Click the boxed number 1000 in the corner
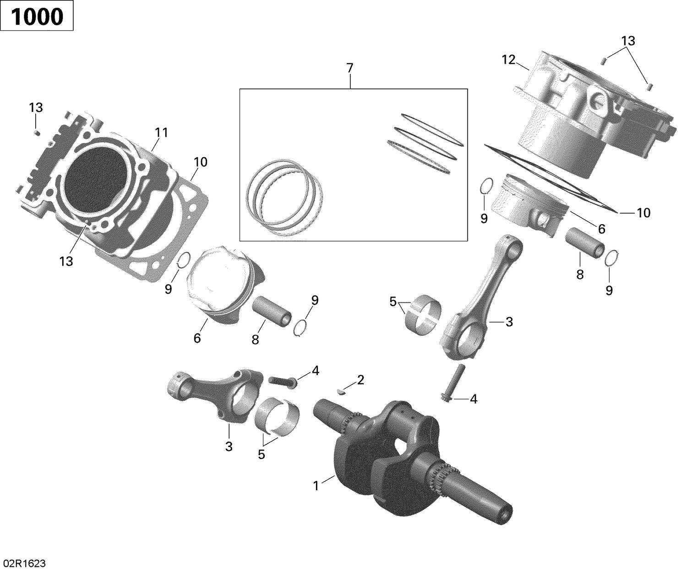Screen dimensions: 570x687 click(x=37, y=17)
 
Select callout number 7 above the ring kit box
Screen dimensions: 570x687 click(x=350, y=68)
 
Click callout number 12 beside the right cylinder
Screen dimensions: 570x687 click(x=509, y=59)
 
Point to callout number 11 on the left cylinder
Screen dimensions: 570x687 click(x=161, y=133)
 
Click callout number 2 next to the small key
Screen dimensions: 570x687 click(x=360, y=379)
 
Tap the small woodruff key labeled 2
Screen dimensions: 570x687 click(x=341, y=391)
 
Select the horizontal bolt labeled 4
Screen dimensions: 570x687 click(x=282, y=380)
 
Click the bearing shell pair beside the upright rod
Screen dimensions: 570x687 click(x=423, y=315)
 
